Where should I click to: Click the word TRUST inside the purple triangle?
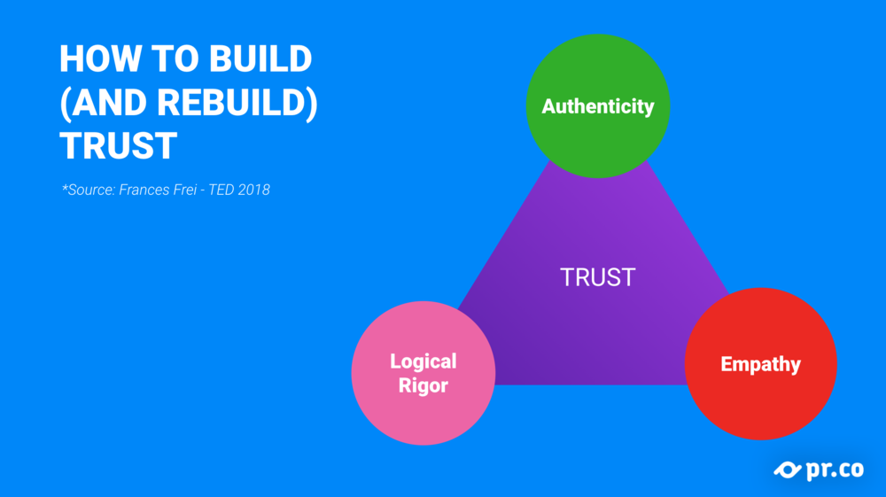click(x=598, y=277)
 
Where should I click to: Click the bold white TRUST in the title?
click(x=119, y=145)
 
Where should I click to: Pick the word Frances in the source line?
click(x=144, y=190)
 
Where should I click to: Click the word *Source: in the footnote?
click(x=89, y=190)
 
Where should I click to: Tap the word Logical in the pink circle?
click(x=424, y=361)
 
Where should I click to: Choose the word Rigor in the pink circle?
click(x=424, y=385)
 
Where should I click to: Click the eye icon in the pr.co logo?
click(x=788, y=470)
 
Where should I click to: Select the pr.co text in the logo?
click(x=835, y=470)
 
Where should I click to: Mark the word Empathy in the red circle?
click(x=760, y=364)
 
